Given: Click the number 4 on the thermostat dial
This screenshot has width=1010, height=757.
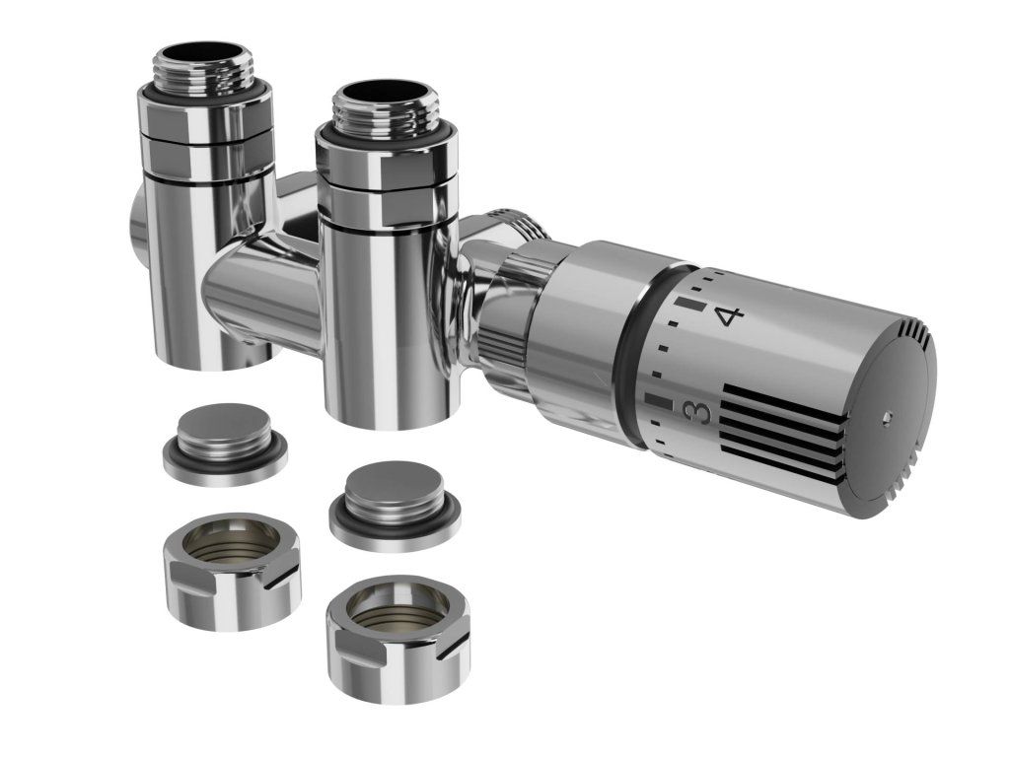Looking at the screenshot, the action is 730,316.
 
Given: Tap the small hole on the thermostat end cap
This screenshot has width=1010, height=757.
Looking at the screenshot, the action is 889,417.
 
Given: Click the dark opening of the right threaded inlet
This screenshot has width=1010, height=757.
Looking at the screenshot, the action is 378,92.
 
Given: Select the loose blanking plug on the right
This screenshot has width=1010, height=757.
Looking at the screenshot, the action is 396,508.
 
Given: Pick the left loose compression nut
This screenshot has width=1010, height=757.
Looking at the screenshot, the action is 231,571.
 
